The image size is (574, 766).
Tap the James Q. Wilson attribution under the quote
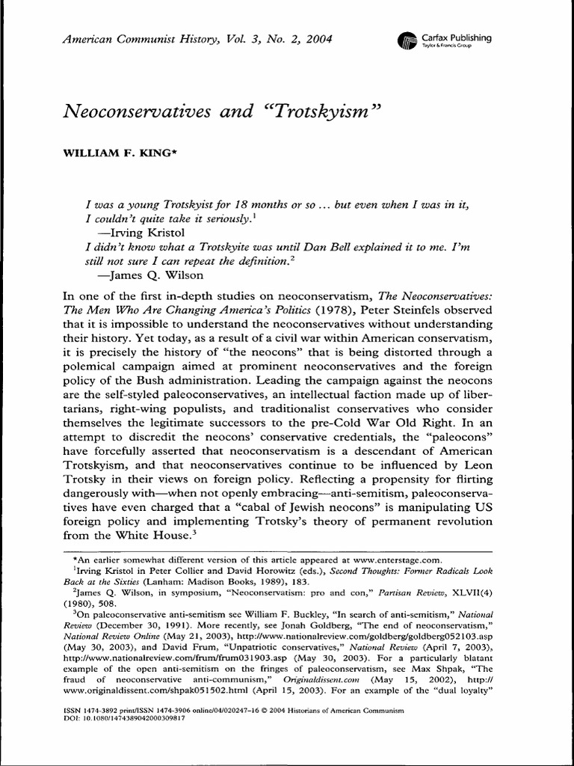pyautogui.click(x=146, y=275)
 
